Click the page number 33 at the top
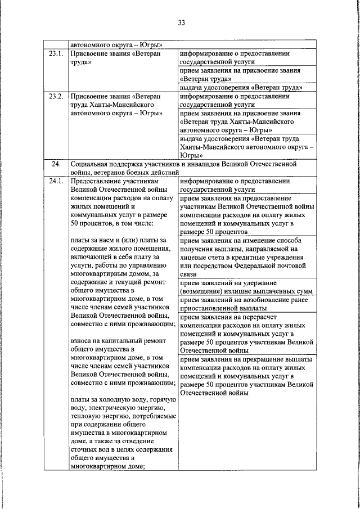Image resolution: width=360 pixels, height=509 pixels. pos(181,22)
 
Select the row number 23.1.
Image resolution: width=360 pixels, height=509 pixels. pos(55,54)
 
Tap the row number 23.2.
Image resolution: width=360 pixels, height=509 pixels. pos(55,96)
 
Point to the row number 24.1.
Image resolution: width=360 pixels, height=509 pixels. pos(55,182)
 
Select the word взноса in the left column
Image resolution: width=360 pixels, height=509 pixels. pos(81,340)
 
